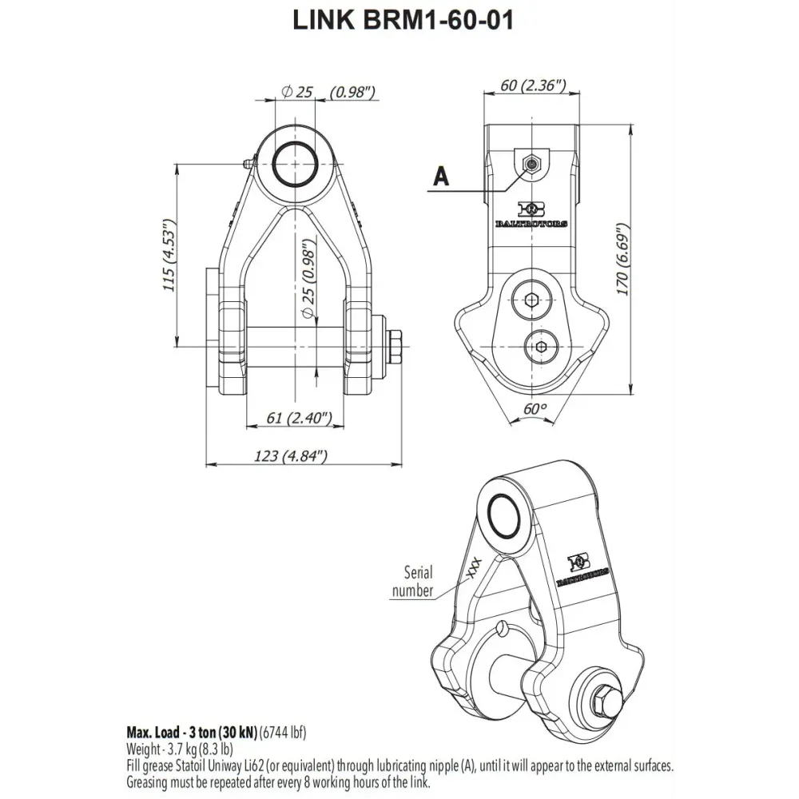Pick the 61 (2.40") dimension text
click(293, 418)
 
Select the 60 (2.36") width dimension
click(534, 85)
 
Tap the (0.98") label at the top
click(352, 93)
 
